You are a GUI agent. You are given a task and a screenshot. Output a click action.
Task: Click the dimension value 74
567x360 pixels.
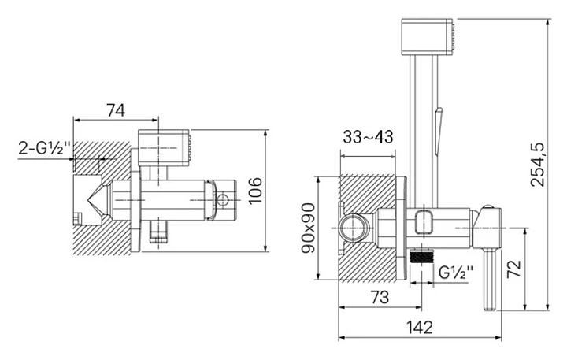point(115,110)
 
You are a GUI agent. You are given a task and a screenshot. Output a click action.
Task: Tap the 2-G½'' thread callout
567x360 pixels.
point(44,148)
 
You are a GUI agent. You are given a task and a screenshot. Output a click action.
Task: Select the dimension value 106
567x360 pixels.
point(255,191)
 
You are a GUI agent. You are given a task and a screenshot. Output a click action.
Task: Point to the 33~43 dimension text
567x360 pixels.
point(368,137)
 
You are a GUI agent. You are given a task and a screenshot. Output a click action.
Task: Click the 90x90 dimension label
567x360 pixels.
point(309,228)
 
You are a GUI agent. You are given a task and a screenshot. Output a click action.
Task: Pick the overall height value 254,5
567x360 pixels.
point(537,165)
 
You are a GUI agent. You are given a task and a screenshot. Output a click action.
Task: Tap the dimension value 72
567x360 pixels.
point(513,269)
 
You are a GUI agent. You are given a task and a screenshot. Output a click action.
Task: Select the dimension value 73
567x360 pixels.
point(380,297)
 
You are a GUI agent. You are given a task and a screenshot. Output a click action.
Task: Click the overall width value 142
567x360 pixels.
point(420,328)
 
